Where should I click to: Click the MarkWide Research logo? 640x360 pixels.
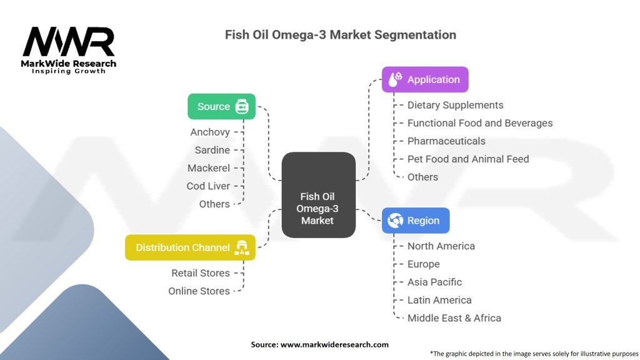69,49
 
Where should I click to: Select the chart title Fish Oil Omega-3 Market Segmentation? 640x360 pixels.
341,34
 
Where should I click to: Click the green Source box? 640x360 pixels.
221,106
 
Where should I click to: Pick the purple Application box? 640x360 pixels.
425,79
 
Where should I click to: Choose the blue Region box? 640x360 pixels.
416,221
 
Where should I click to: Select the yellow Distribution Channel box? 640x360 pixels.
190,247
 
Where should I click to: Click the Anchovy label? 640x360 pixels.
210,132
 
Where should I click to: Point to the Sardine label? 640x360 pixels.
212,150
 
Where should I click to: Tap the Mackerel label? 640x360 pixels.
209,168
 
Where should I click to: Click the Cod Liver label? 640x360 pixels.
208,186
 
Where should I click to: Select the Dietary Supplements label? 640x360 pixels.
455,106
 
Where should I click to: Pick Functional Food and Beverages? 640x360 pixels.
480,123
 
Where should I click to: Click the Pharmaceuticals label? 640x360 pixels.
446,141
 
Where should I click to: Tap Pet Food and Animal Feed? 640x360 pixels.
468,159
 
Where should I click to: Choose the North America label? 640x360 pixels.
441,246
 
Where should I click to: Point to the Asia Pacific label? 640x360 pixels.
434,282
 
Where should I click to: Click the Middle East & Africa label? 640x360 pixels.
454,318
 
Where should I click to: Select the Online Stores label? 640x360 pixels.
199,291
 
